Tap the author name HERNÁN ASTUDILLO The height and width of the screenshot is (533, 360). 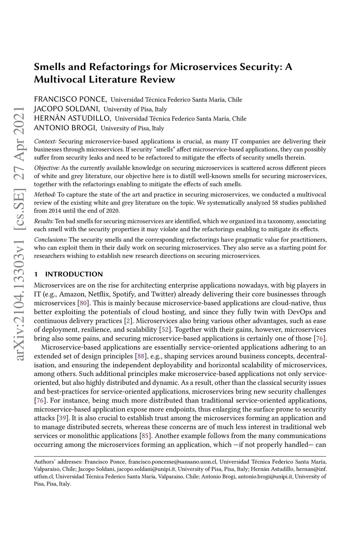72,118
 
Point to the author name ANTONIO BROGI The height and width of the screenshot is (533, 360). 65,128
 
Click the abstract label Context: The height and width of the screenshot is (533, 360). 45,142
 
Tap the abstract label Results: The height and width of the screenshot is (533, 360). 44,221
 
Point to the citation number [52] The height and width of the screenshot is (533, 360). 165,330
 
